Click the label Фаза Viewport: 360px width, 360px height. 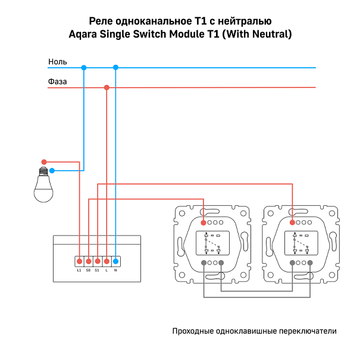57,82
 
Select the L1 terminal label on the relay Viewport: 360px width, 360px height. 79,270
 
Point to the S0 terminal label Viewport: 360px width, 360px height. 88,270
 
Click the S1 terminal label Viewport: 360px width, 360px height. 97,270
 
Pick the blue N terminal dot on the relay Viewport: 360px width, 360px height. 115,261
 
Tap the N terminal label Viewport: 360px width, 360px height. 115,270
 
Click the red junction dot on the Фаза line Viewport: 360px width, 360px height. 107,87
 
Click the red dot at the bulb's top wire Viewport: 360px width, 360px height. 43,162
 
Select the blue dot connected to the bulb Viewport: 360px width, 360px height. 52,171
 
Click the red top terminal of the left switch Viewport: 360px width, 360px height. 204,222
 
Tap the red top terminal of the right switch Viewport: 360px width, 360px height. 292,222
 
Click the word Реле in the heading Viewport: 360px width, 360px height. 100,20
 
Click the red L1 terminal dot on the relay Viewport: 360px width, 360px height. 79,261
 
